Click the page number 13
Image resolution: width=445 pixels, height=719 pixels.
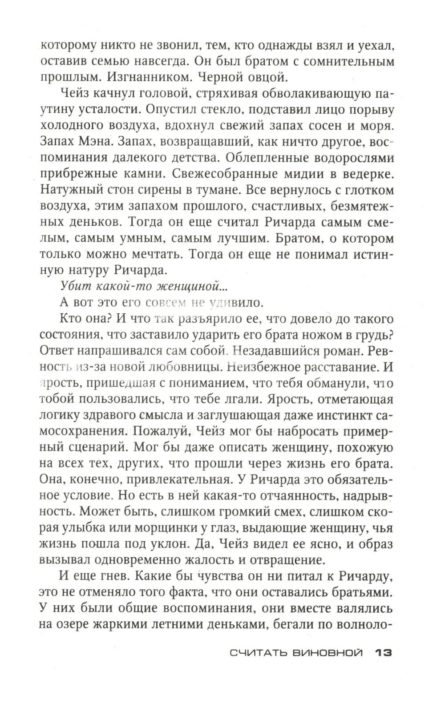383,653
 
